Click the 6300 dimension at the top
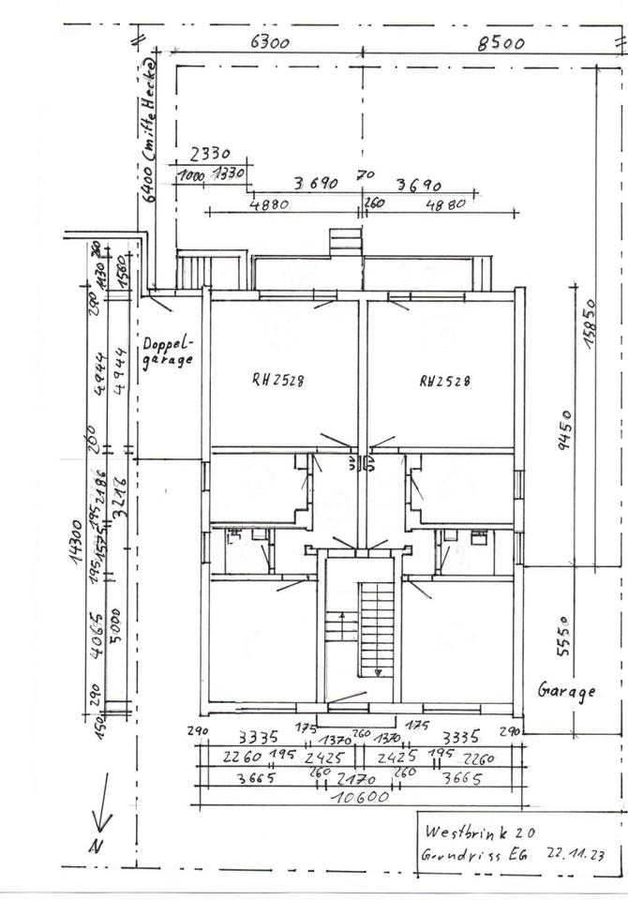(270, 41)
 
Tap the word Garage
(566, 692)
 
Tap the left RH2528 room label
(277, 380)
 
